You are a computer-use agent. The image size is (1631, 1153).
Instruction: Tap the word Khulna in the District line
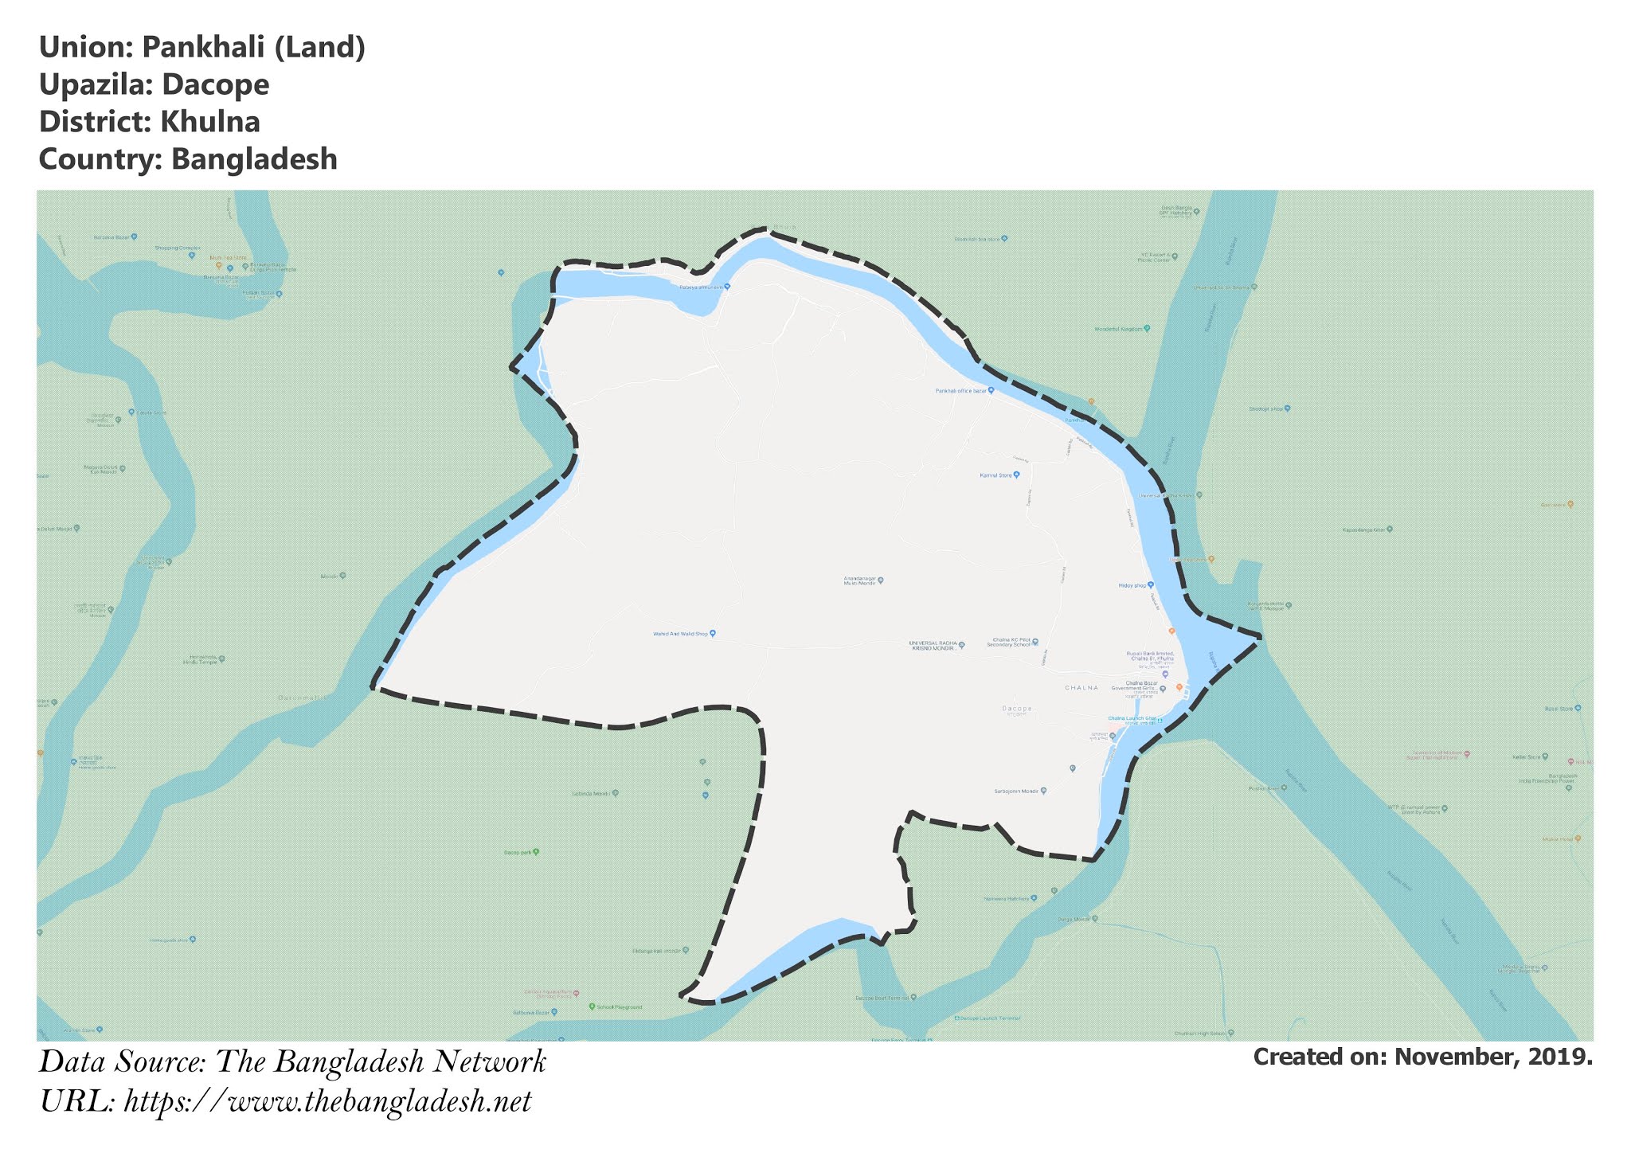209,122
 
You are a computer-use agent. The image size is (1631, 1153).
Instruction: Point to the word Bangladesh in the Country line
254,159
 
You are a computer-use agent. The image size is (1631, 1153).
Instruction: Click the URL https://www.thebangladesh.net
327,1102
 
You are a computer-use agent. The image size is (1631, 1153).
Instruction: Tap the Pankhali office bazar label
961,391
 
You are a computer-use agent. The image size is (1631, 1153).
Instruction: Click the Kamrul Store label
995,475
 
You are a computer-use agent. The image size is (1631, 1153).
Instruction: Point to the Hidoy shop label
1132,585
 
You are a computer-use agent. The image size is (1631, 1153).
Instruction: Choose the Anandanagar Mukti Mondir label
860,581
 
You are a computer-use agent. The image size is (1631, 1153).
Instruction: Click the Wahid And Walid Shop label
680,634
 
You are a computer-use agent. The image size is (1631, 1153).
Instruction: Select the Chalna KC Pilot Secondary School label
1009,642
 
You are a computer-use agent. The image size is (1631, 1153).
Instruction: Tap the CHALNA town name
1081,687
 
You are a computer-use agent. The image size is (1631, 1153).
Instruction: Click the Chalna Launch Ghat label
1132,718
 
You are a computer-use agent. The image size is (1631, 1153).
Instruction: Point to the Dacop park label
518,852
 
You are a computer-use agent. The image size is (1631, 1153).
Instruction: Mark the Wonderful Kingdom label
1119,329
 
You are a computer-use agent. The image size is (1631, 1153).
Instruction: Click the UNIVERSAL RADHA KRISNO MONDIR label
934,645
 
